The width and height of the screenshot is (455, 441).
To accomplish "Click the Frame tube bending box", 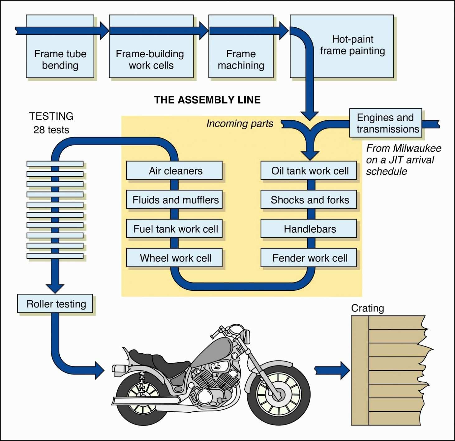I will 60,59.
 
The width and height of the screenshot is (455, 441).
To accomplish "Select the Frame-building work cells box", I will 151,59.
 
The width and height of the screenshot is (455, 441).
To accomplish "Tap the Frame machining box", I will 241,59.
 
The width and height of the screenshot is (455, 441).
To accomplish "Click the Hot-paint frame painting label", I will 353,45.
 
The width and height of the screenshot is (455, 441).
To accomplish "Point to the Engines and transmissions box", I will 385,123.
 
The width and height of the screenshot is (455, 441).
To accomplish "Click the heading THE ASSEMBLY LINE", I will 207,100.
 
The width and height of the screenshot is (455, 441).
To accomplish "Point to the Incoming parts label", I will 240,124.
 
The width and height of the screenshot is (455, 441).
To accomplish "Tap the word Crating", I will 368,308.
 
